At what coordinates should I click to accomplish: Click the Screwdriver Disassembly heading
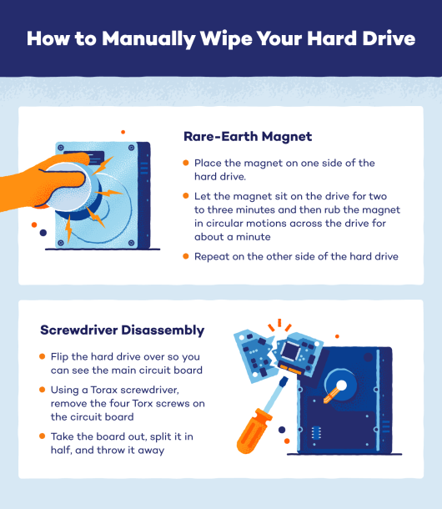pyautogui.click(x=121, y=330)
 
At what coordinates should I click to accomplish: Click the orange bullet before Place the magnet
pyautogui.click(x=186, y=163)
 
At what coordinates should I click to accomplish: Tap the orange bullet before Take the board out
pyautogui.click(x=43, y=437)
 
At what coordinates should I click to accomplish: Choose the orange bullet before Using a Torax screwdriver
pyautogui.click(x=43, y=391)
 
